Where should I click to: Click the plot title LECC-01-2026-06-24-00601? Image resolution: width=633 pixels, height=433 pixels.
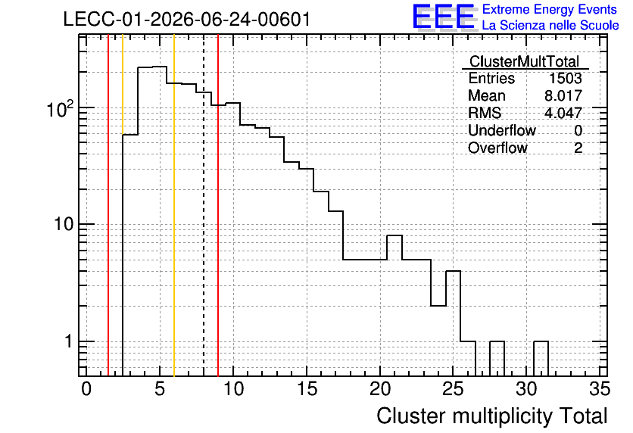point(187,20)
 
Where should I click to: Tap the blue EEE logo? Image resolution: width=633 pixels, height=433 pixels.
point(444,17)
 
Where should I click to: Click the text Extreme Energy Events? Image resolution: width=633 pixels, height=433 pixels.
point(550,9)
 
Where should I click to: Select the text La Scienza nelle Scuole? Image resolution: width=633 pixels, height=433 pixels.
point(550,25)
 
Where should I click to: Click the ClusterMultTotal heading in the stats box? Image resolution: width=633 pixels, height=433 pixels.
point(525,61)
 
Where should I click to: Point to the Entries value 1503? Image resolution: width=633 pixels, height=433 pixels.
point(565,78)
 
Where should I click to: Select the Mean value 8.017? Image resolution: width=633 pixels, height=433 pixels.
point(563,95)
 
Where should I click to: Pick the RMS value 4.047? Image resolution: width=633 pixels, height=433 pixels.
point(563,113)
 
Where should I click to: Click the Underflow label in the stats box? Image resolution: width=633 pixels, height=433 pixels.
point(501,130)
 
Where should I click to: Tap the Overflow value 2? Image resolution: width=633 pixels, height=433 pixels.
point(578,148)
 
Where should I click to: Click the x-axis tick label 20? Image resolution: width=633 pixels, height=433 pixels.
point(380,389)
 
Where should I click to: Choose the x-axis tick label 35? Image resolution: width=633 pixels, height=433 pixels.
point(600,389)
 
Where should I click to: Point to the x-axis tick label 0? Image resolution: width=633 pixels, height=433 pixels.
point(86,389)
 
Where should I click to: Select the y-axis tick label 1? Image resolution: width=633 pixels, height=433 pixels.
point(68,341)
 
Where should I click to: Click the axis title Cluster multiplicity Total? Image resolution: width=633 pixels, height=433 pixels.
point(491,416)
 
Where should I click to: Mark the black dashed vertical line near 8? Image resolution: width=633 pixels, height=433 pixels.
point(204,205)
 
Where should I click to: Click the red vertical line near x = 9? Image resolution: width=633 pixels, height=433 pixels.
point(218,205)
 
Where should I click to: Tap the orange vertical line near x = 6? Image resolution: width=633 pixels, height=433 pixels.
point(174,205)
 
